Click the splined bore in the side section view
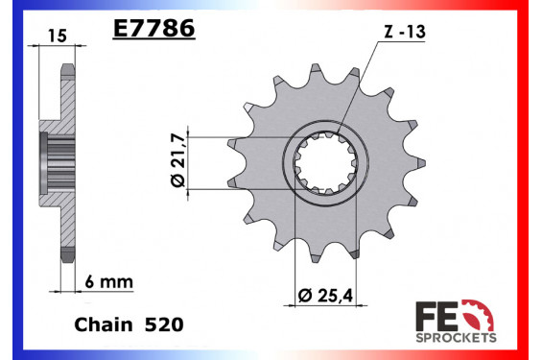coord(51,162)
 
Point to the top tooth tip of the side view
coord(67,68)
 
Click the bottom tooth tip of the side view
coord(67,255)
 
